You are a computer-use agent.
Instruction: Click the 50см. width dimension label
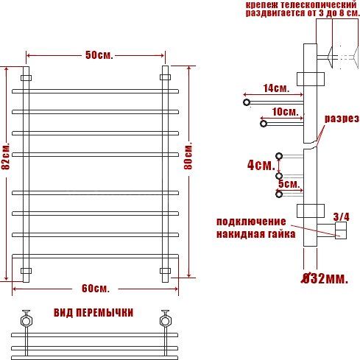click(99, 55)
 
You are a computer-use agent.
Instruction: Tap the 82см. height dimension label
click(6, 156)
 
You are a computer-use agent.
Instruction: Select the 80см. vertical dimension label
click(188, 155)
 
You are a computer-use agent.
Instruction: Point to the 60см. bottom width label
click(96, 289)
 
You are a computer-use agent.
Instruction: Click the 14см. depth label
click(276, 88)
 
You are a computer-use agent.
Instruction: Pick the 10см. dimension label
click(286, 112)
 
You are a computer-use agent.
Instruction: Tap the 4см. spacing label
click(261, 165)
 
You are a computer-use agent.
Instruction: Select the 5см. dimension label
click(289, 183)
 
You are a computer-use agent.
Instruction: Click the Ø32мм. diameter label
click(325, 278)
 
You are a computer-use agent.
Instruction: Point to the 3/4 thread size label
click(341, 216)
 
